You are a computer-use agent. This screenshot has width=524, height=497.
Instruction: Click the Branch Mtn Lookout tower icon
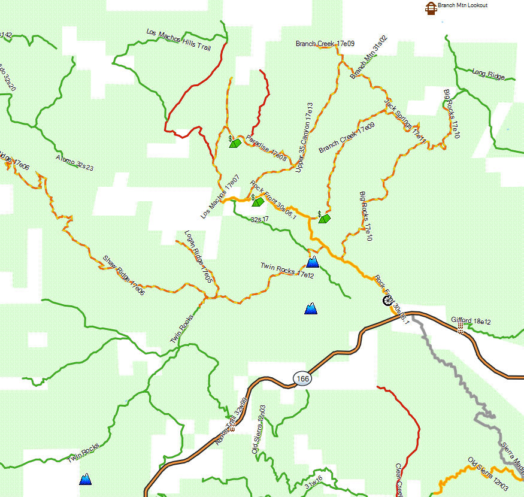(x=429, y=8)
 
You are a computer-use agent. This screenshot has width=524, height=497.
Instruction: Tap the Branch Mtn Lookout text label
(x=462, y=5)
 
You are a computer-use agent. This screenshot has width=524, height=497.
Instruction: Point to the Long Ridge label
(x=487, y=74)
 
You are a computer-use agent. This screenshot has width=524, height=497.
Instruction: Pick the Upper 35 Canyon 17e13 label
(x=305, y=137)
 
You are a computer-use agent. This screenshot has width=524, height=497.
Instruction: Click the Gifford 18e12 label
(x=471, y=321)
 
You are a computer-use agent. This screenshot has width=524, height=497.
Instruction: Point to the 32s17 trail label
(x=259, y=220)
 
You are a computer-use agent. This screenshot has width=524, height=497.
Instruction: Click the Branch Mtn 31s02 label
(x=369, y=57)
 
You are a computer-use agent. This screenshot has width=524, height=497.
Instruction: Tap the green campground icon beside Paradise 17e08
(x=235, y=143)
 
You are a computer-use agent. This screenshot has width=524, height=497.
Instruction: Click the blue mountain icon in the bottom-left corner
(x=86, y=479)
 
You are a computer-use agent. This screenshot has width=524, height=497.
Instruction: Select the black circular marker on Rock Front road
(x=387, y=301)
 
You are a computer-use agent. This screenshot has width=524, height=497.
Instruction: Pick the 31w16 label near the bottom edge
(x=313, y=483)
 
